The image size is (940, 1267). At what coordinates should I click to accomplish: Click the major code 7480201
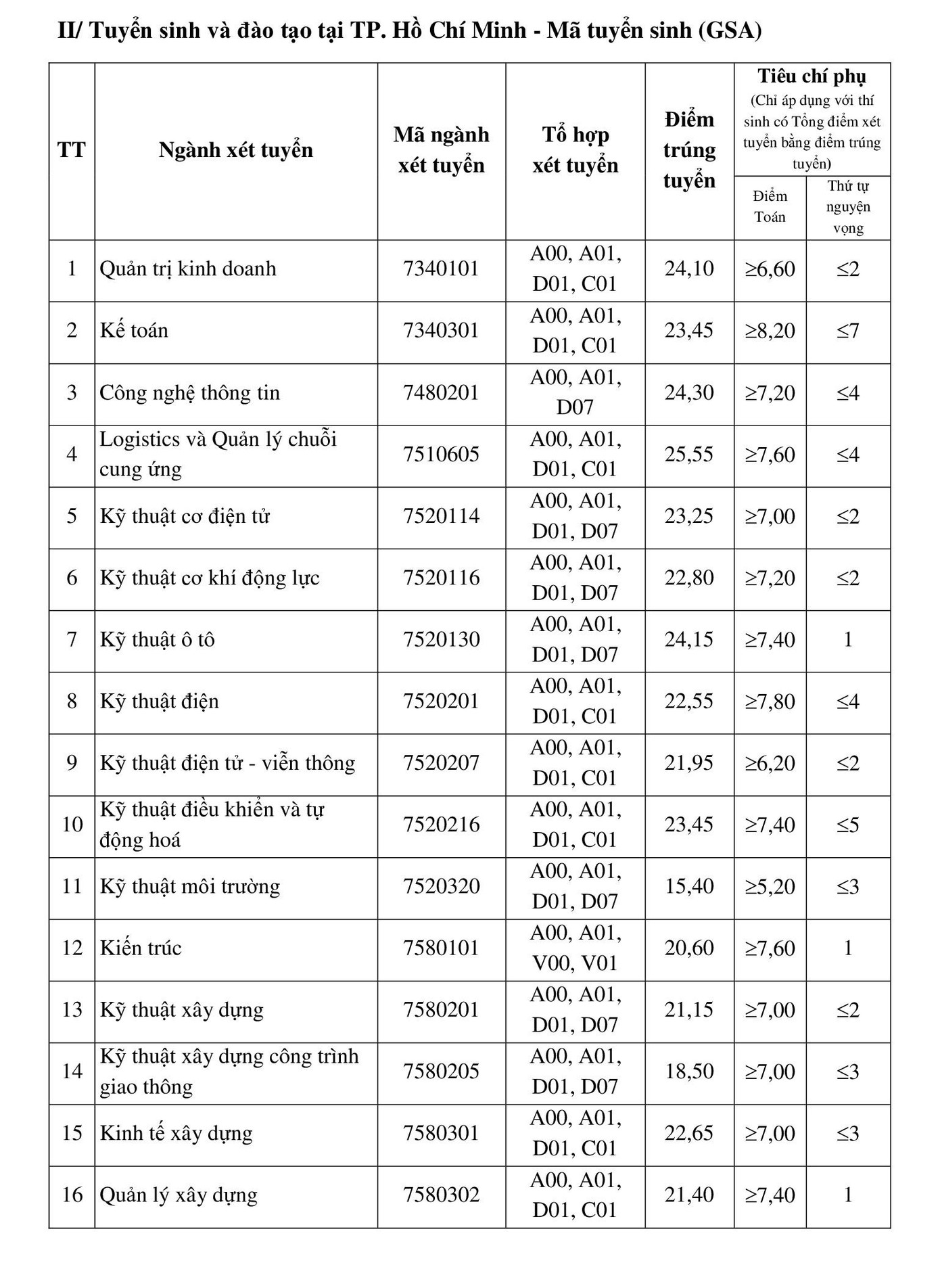click(x=441, y=393)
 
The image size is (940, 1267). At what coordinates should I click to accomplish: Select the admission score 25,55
click(x=689, y=455)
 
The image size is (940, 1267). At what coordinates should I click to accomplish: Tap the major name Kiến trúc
click(x=141, y=948)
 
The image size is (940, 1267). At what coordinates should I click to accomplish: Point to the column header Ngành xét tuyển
click(x=236, y=150)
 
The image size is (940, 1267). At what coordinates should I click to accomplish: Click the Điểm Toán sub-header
click(x=770, y=206)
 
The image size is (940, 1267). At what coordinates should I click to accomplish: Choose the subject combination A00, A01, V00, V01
click(x=575, y=948)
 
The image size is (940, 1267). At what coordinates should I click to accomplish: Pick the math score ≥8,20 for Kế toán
click(x=770, y=331)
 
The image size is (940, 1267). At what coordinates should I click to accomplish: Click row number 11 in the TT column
click(x=72, y=887)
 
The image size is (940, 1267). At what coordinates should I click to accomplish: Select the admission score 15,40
click(x=689, y=887)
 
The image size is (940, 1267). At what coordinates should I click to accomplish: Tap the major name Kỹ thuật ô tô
click(x=158, y=640)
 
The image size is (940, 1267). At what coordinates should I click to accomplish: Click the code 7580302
click(x=441, y=1195)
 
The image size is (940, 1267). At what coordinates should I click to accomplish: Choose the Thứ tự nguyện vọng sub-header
click(x=848, y=207)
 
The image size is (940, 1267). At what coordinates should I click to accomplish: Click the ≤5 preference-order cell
click(x=848, y=825)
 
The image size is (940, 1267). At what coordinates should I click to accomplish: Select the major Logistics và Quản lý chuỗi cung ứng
click(x=218, y=455)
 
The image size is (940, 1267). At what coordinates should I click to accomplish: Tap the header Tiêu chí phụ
click(x=812, y=76)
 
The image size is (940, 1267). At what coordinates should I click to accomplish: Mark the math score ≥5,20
click(x=770, y=887)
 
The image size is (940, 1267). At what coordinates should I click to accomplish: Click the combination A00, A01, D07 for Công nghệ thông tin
click(x=575, y=393)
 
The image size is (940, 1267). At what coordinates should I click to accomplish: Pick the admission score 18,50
click(x=689, y=1072)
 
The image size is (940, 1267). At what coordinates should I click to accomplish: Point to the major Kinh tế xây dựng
click(x=176, y=1134)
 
